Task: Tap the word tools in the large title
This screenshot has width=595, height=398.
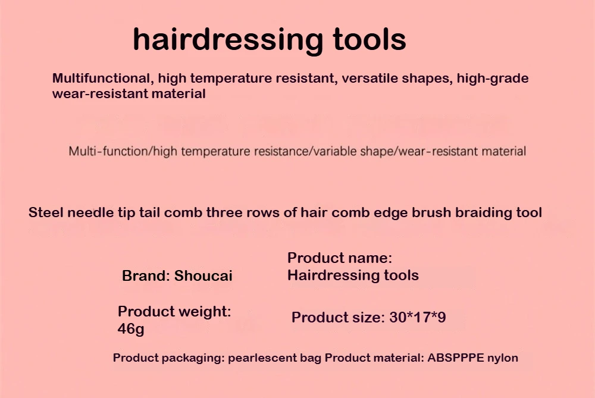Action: coord(369,39)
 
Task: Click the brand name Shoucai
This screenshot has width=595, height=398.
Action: coord(203,276)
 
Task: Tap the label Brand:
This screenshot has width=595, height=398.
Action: coord(146,276)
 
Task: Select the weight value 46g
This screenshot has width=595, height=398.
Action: coord(131,328)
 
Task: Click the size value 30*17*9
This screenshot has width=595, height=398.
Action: coord(418,317)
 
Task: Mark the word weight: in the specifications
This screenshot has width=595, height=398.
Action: coord(205,312)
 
